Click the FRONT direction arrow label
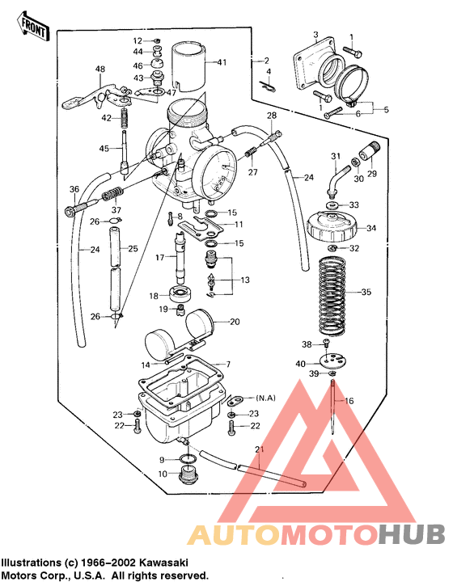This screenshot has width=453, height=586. click(33, 27)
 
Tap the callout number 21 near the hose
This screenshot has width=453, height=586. click(259, 449)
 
